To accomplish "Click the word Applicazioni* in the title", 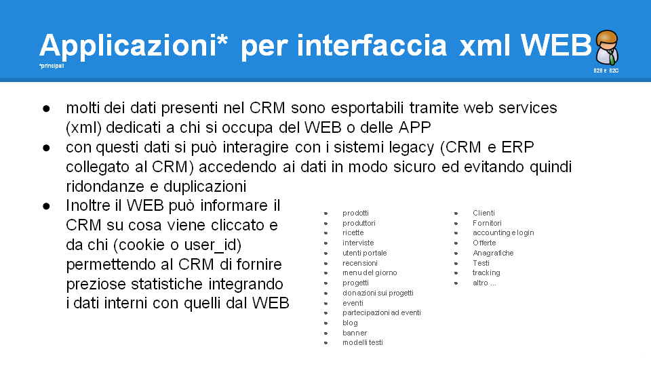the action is pyautogui.click(x=134, y=45).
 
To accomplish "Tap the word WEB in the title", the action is pyautogui.click(x=556, y=45).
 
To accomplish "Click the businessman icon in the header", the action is pyautogui.click(x=607, y=47).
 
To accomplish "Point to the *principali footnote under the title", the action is pyautogui.click(x=52, y=66).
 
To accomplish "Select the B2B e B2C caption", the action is pyautogui.click(x=606, y=70).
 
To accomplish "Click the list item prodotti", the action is pyautogui.click(x=355, y=213).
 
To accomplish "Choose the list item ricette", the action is pyautogui.click(x=353, y=232).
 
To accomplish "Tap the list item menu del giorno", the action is pyautogui.click(x=370, y=272).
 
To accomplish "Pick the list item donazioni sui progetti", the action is pyautogui.click(x=378, y=293).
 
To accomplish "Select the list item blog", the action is pyautogui.click(x=350, y=323).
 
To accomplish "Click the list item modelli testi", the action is pyautogui.click(x=362, y=342).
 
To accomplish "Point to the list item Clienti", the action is pyautogui.click(x=484, y=213).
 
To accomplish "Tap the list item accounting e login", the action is pyautogui.click(x=503, y=232).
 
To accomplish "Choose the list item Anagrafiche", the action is pyautogui.click(x=493, y=253).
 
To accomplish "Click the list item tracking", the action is pyautogui.click(x=486, y=272).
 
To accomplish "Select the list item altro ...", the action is pyautogui.click(x=484, y=283).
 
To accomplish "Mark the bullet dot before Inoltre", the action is pyautogui.click(x=46, y=206).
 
